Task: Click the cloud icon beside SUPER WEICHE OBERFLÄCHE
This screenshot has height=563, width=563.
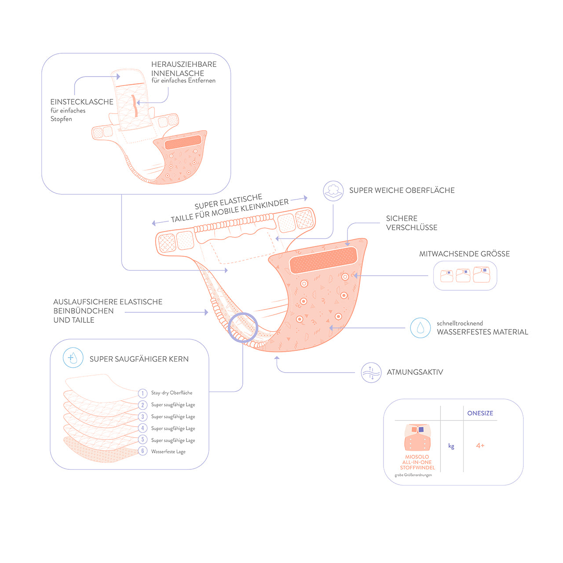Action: [x=333, y=191]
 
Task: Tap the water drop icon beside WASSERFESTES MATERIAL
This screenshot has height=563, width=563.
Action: [x=420, y=328]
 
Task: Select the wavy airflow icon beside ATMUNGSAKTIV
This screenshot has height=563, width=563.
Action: [x=371, y=373]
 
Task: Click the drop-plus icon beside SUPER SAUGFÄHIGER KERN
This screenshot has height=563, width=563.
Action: [x=73, y=358]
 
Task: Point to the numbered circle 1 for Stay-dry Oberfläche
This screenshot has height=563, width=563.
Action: [x=143, y=393]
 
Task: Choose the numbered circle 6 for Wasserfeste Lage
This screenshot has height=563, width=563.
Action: [x=143, y=451]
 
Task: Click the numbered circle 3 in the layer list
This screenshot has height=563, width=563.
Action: [x=143, y=417]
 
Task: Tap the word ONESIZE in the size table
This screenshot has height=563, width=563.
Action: [x=480, y=413]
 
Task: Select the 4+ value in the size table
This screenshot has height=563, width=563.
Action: [x=480, y=446]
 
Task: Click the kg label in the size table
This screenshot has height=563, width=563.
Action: [x=451, y=446]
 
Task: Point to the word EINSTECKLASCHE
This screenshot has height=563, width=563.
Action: [x=82, y=102]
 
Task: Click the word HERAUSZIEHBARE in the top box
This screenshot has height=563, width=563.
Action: [x=184, y=64]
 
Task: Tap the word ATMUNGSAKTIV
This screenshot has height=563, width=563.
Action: [x=415, y=372]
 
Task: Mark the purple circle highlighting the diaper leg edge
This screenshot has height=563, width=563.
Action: [x=243, y=327]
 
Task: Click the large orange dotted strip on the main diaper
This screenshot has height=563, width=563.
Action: [x=323, y=260]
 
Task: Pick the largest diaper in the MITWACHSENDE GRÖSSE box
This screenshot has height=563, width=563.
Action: [x=482, y=274]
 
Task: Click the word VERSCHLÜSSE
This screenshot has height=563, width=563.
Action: [x=412, y=227]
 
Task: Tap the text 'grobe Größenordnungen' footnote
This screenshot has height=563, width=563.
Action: [x=413, y=475]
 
